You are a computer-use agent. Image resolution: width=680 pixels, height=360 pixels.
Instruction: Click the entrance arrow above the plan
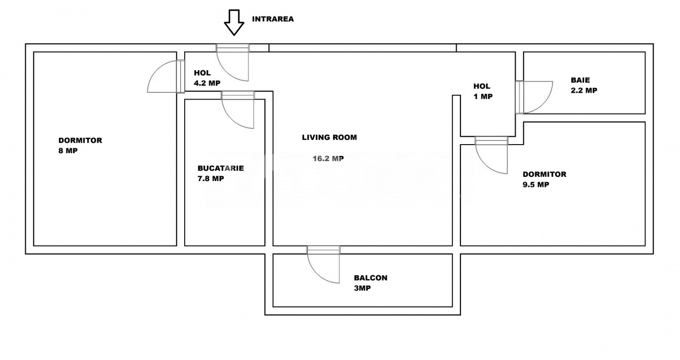point(233,22)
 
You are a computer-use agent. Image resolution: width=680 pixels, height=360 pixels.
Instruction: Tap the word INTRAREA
point(273,19)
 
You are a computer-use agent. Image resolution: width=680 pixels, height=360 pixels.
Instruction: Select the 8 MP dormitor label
point(69,151)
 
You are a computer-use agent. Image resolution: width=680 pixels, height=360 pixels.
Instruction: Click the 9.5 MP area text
point(536,185)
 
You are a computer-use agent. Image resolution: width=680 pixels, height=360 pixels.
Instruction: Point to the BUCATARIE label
point(221,168)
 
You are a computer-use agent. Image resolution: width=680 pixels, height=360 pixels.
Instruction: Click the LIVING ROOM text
point(329,137)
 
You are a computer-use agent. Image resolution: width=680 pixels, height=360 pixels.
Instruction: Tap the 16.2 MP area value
point(328,159)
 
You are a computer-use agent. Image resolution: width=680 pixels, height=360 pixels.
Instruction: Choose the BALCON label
point(371,278)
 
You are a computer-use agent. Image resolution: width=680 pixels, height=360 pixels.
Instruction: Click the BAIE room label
point(580,80)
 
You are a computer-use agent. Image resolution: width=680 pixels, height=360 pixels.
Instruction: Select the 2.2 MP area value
point(584,91)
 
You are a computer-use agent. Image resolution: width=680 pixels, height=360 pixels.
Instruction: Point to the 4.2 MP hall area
point(207,83)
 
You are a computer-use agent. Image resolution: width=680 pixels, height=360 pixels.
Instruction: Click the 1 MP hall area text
point(483,97)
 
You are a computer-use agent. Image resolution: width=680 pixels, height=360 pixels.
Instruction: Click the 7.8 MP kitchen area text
point(211,178)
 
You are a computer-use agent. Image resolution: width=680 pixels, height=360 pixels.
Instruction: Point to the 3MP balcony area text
point(362,288)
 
